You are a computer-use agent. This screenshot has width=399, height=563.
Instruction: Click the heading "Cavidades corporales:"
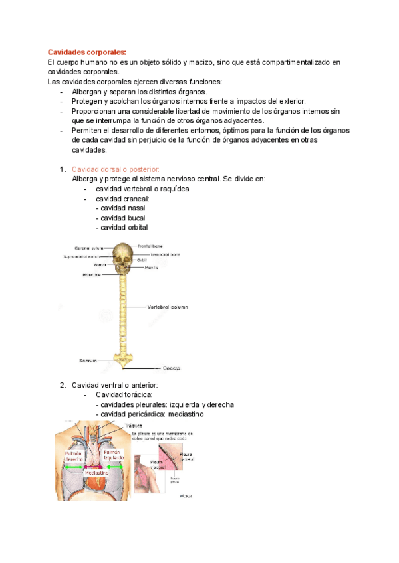click(x=86, y=52)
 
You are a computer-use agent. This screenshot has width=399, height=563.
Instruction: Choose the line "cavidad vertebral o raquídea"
click(x=142, y=189)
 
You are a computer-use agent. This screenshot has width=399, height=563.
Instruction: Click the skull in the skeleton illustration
click(x=122, y=255)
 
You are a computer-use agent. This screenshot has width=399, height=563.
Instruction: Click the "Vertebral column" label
click(x=168, y=307)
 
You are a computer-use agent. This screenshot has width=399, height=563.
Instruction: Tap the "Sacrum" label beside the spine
click(x=88, y=361)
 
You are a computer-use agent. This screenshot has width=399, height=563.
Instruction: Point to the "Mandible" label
click(x=92, y=274)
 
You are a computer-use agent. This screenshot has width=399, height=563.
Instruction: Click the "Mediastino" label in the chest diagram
click(x=98, y=473)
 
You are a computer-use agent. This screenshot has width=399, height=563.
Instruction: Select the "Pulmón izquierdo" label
click(x=114, y=455)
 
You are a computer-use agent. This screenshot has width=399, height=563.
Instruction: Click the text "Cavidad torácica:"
click(x=124, y=395)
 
